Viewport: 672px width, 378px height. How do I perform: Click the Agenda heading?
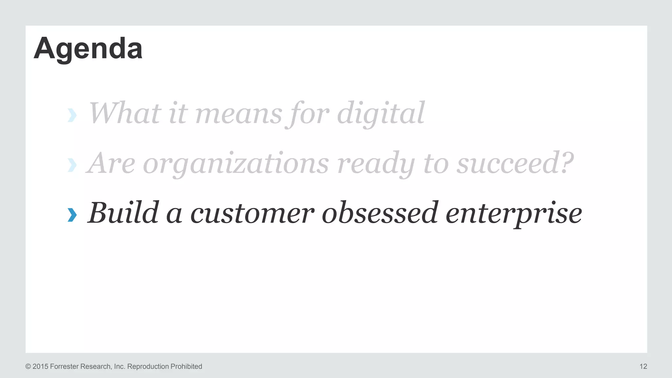[88, 49]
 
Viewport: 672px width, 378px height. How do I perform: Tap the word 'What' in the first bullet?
[125, 113]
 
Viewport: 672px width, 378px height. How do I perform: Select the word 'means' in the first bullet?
[239, 114]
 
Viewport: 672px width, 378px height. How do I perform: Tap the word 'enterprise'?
[514, 214]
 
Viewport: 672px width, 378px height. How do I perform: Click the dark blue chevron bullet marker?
[72, 215]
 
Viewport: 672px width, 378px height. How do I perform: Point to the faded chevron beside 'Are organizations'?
[72, 165]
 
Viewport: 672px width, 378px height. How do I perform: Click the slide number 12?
[643, 367]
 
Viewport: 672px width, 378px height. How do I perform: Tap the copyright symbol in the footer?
[28, 367]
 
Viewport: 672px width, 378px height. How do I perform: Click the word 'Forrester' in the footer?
[64, 367]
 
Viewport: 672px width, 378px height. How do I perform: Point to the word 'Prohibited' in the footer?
[186, 367]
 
